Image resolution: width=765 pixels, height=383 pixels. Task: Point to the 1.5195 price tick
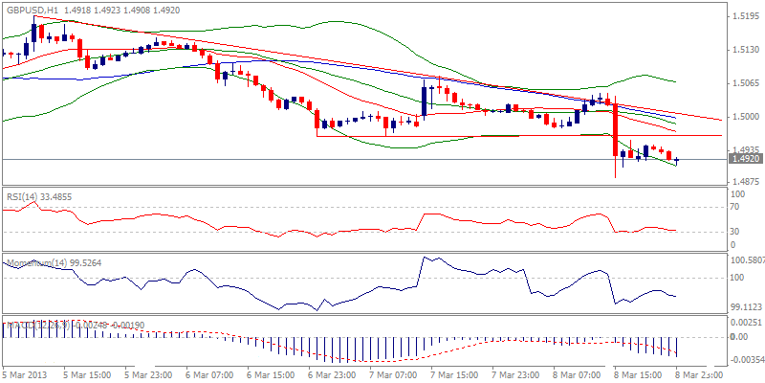(x=743, y=16)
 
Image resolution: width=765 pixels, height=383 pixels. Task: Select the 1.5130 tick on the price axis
(x=743, y=50)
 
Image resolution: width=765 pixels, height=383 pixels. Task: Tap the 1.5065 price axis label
(x=743, y=83)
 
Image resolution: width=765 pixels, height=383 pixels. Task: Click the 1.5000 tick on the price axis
(x=743, y=117)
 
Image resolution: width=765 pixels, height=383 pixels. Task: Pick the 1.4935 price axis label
(x=743, y=150)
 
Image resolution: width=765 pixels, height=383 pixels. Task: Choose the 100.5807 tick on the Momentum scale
(x=746, y=259)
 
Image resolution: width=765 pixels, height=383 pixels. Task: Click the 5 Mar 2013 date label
(x=24, y=375)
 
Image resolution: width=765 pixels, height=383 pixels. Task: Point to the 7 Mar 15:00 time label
(x=454, y=375)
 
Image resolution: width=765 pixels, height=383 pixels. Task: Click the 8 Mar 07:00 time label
(x=579, y=375)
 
